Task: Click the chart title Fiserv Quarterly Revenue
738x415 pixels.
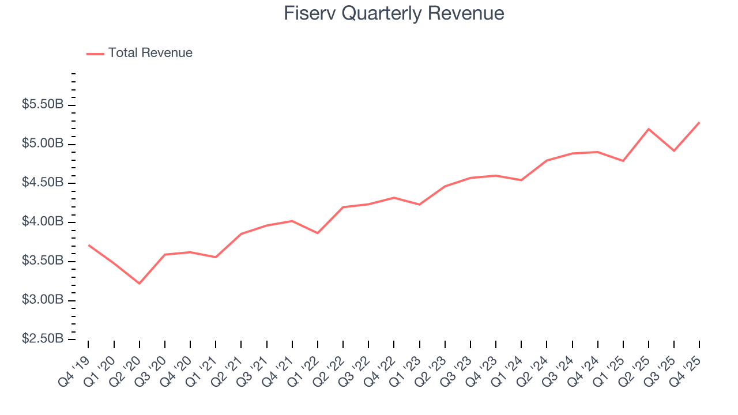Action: [x=394, y=13]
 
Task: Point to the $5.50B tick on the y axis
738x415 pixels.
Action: [x=43, y=105]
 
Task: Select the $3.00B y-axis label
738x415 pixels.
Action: [x=43, y=300]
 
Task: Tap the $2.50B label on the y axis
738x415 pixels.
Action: [x=43, y=339]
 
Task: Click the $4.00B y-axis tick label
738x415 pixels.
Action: [x=43, y=222]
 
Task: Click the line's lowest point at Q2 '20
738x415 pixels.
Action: [x=140, y=283]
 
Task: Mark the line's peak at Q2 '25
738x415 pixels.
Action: [x=649, y=129]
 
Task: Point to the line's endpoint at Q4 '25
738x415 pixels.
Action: [x=699, y=122]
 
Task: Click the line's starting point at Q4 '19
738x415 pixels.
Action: [x=88, y=245]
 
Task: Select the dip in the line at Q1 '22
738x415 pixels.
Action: [x=318, y=233]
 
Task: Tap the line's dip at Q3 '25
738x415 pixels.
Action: [x=674, y=150]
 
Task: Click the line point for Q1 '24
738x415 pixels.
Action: [x=521, y=180]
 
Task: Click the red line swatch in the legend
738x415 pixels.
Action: [x=95, y=54]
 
